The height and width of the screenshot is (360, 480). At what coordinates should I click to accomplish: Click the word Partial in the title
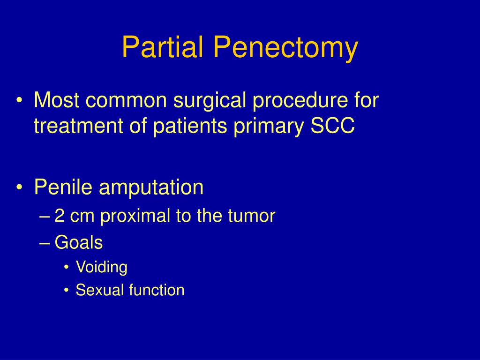[163, 47]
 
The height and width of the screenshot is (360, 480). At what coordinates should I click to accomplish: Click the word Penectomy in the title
[285, 48]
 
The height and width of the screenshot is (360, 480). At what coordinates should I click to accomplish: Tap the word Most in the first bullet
[57, 100]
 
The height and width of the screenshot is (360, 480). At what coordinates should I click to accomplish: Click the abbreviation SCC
[333, 126]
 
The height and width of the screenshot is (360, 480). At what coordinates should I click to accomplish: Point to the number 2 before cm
[60, 216]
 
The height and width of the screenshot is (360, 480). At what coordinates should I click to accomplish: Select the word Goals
[79, 242]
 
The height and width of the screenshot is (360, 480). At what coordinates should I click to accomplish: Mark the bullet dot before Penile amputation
[20, 187]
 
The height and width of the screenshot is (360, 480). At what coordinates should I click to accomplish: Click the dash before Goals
[45, 243]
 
